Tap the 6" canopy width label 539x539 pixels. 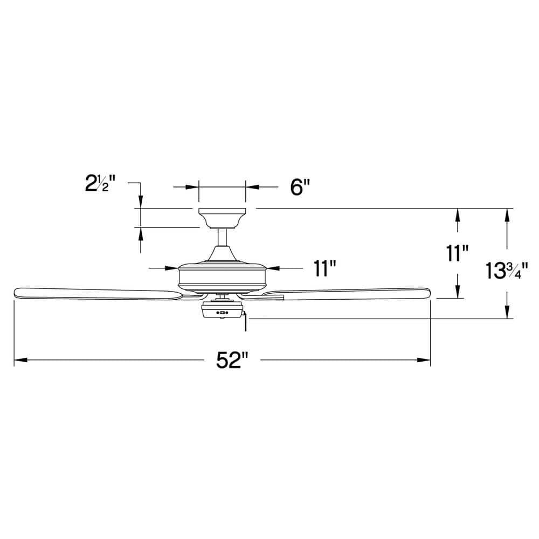coord(300,188)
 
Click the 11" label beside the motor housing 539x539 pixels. coord(325,267)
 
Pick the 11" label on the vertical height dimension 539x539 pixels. coord(458,253)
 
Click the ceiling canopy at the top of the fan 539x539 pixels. coord(222,218)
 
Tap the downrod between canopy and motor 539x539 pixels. coord(222,237)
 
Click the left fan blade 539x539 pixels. coord(97,293)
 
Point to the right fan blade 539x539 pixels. coord(350,293)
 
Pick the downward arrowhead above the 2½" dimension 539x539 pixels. coord(141,202)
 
